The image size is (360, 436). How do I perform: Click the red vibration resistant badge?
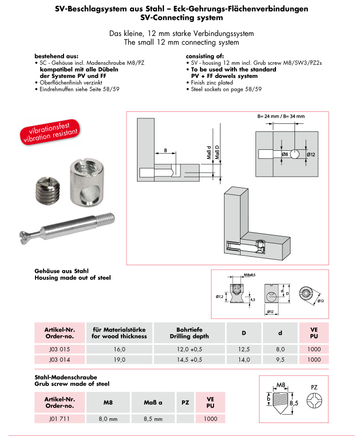[50, 131]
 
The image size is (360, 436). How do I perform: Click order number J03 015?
[59, 349]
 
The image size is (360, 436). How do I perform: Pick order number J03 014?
[59, 359]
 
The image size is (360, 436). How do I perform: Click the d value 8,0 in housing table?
[279, 349]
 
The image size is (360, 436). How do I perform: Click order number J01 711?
[59, 419]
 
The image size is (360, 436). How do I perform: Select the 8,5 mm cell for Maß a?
[153, 419]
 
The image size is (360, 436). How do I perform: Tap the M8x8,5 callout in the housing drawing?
[249, 275]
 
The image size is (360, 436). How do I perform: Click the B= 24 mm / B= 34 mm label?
[281, 116]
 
